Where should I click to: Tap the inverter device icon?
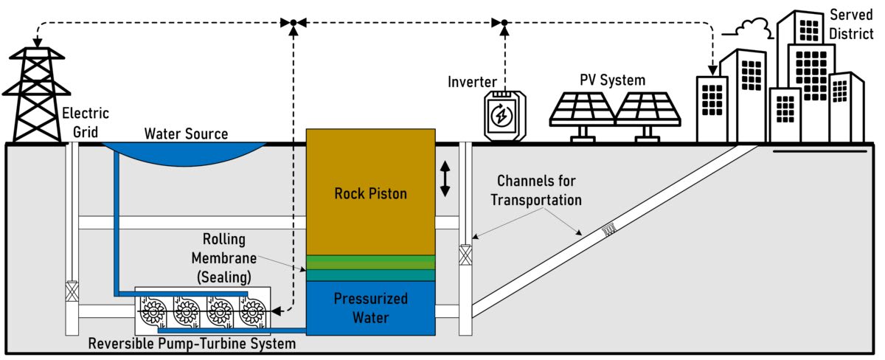coord(501,114)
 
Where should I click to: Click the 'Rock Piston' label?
coord(370,194)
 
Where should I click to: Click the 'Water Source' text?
coord(186,134)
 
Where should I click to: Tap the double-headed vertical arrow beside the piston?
coord(445,179)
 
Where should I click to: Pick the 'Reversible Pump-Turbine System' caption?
coord(192,344)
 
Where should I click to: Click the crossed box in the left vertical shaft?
coord(72,290)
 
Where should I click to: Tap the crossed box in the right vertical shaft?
coord(465,256)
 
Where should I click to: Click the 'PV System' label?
coord(609,80)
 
